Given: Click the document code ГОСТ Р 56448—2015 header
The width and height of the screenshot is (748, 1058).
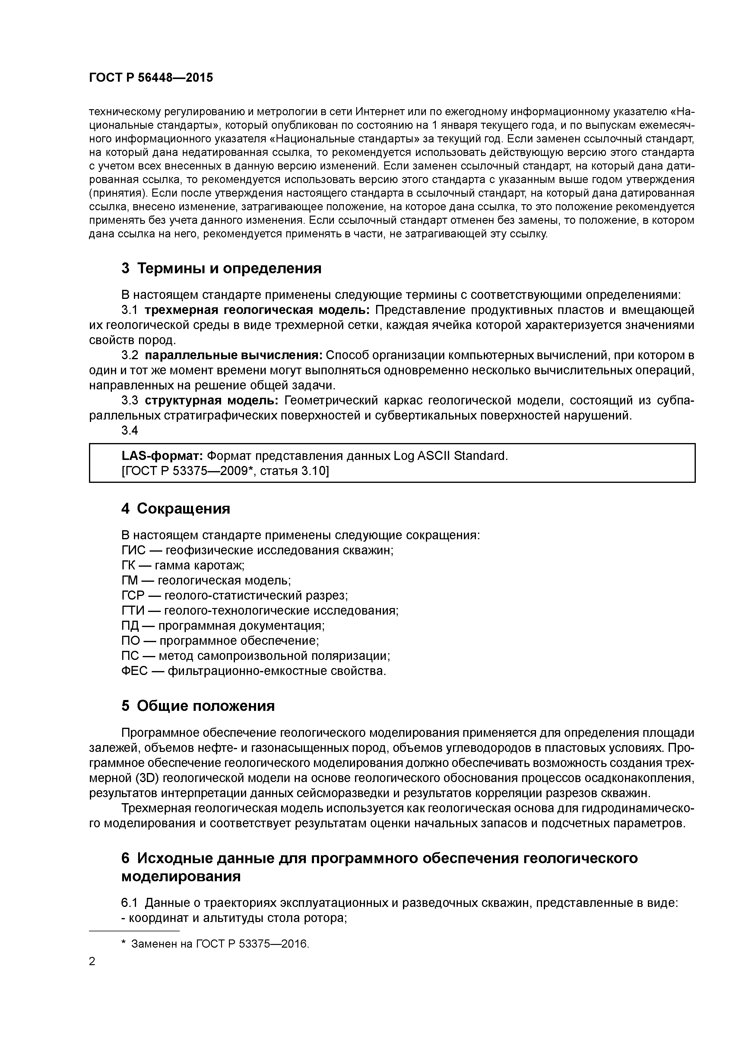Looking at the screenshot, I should tap(151, 78).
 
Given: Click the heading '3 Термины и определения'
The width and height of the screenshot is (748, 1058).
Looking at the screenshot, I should tap(221, 268).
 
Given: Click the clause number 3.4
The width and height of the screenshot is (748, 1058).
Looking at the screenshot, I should tap(129, 430).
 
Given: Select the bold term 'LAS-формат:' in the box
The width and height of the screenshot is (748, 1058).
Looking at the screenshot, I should tap(162, 456).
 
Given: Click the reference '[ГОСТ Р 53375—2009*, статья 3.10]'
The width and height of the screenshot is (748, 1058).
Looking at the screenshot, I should tap(225, 470).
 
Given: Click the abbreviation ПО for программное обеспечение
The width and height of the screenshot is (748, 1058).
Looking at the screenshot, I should tap(131, 641).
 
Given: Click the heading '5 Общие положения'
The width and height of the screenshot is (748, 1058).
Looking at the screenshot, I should tap(198, 706).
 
